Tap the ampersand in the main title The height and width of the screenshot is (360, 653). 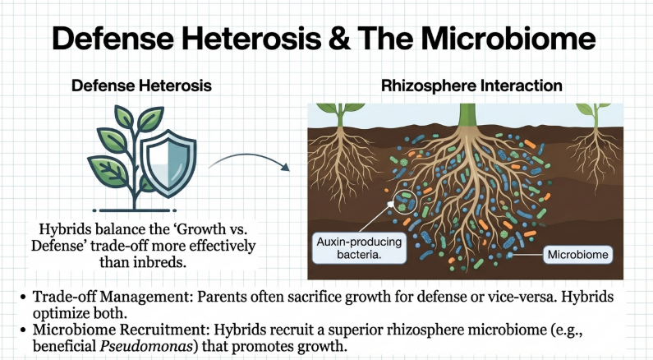click(x=339, y=39)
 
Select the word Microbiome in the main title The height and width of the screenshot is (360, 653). click(x=508, y=38)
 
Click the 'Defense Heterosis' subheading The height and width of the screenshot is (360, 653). click(x=141, y=85)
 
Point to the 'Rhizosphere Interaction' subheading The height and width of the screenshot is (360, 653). click(x=471, y=85)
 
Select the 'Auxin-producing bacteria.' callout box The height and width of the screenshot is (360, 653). click(x=359, y=248)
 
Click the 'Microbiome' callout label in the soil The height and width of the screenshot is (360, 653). click(x=577, y=255)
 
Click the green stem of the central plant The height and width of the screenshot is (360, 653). click(x=467, y=114)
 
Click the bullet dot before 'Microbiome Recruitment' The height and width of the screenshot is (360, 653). click(x=23, y=330)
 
